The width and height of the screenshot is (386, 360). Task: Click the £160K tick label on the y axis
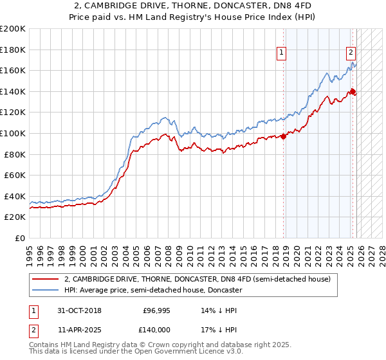[x=13, y=70]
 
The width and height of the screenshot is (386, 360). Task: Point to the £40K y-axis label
[x=15, y=196]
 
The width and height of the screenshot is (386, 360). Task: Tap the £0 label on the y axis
[x=21, y=238]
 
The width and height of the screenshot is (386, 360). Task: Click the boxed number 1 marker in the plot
[x=282, y=53]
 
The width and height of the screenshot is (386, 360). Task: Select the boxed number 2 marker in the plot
[x=351, y=53]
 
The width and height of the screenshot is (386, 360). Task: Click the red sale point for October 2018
[x=284, y=136]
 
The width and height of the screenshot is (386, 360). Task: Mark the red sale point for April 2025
[x=353, y=91]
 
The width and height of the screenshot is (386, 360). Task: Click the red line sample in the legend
[x=46, y=280]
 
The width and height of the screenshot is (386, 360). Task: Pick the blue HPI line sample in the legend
[x=46, y=291]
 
